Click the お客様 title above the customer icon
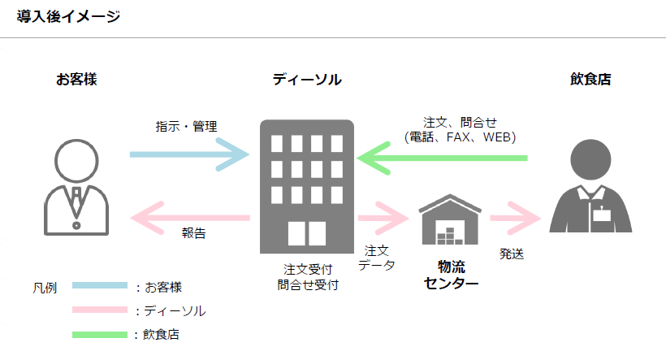(82, 80)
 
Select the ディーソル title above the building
(307, 80)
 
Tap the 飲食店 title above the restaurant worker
(590, 80)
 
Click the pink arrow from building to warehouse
(382, 218)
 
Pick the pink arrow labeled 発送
(514, 218)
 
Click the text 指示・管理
(187, 127)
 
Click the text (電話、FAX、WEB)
(460, 137)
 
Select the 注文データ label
(376, 258)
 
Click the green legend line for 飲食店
(99, 334)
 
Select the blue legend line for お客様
(99, 285)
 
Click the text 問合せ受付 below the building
(307, 285)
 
